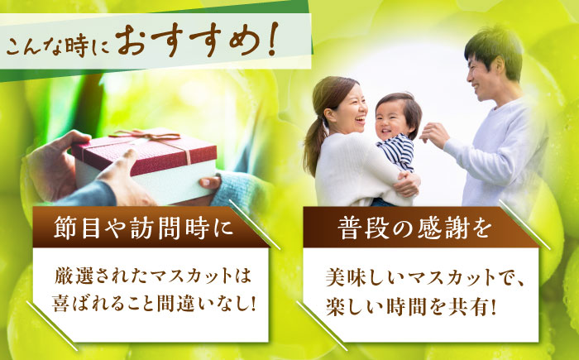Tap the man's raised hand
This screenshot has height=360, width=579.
434,132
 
